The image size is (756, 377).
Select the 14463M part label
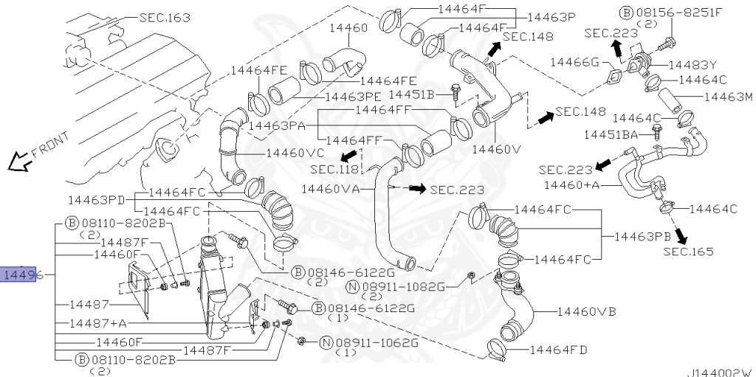pos(727,97)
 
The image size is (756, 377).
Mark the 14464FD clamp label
pos(558,350)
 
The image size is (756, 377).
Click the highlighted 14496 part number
pos(18,276)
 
